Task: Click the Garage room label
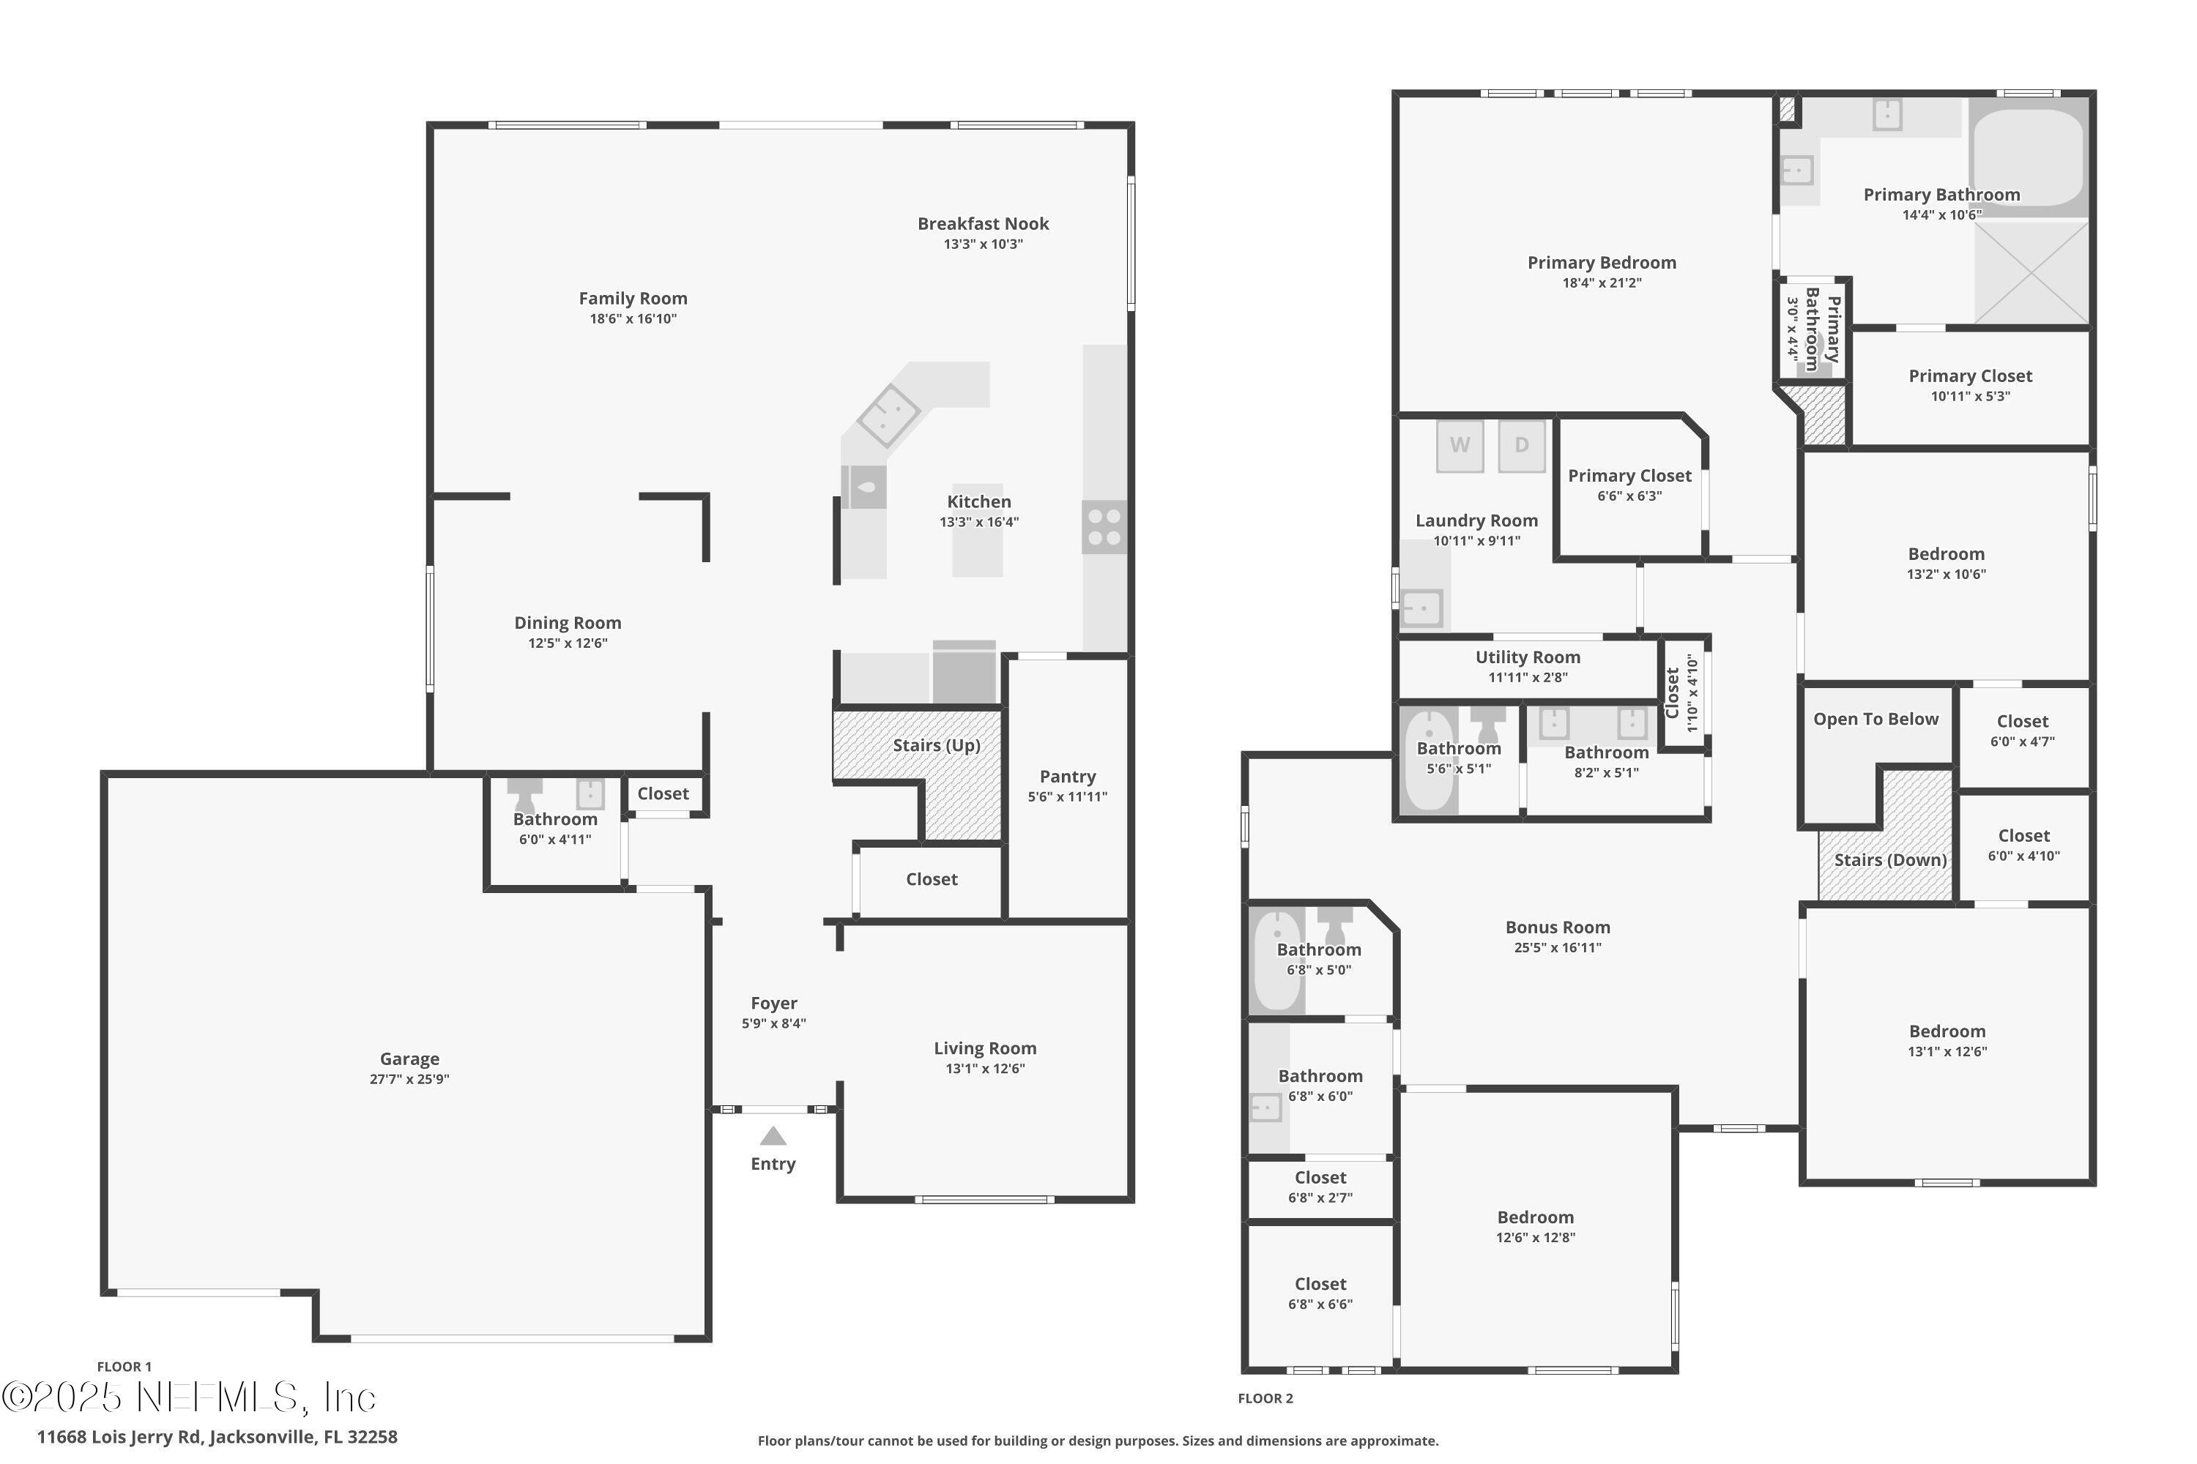(x=409, y=1058)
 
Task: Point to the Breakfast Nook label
(x=983, y=224)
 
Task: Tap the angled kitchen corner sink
(x=888, y=414)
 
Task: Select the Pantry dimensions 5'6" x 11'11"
(x=1067, y=796)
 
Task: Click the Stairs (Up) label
(x=936, y=745)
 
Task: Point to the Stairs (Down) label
(x=1889, y=860)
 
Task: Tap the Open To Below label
(x=1876, y=719)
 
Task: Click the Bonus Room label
(x=1557, y=927)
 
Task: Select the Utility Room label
(x=1527, y=657)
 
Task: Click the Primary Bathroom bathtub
(x=2028, y=159)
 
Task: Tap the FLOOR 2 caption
(x=1265, y=1397)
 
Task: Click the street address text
(x=217, y=1437)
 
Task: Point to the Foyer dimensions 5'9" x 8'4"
(x=773, y=1023)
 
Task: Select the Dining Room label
(x=567, y=623)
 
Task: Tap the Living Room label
(x=984, y=1048)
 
